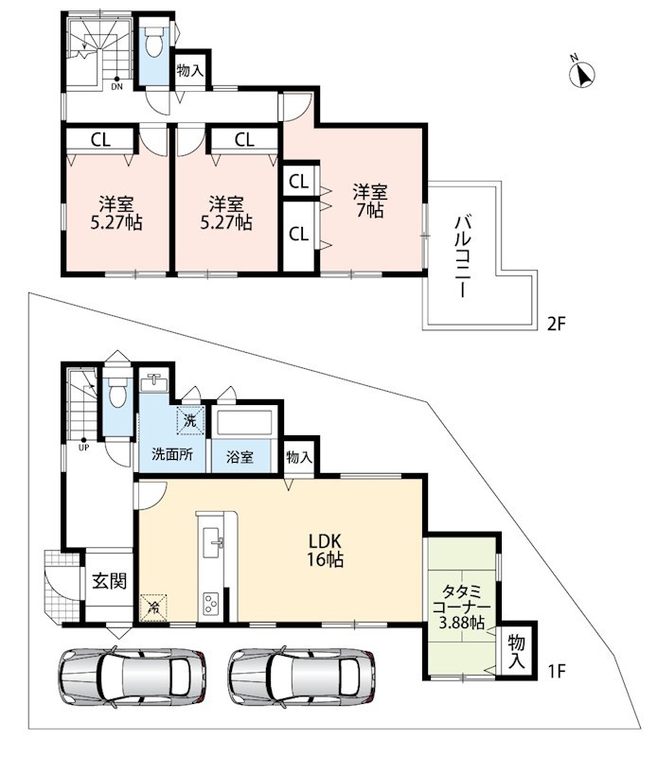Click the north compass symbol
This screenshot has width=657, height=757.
click(581, 73)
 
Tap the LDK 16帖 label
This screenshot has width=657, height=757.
click(326, 550)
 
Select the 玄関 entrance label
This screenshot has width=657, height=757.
click(109, 580)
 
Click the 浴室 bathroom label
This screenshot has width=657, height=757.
click(240, 457)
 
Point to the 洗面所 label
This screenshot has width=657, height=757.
click(172, 455)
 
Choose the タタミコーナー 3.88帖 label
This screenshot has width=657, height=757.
click(461, 607)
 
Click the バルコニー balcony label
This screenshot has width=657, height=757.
click(463, 256)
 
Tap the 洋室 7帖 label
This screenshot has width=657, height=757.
click(370, 201)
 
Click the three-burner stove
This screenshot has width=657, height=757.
click(211, 604)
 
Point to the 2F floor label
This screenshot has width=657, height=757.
click(556, 324)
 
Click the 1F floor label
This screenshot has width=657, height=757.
click(556, 672)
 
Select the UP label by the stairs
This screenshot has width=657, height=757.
click(83, 448)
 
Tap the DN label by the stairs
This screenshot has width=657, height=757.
click(116, 87)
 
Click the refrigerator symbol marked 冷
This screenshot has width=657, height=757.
click(154, 607)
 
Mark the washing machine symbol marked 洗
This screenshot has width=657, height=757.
click(191, 420)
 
